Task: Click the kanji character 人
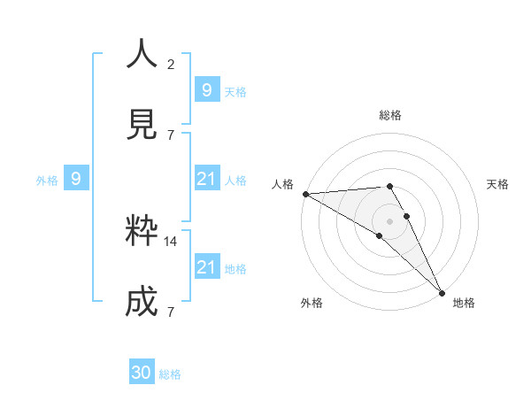(142, 55)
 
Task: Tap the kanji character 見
(142, 125)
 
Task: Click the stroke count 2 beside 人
(171, 65)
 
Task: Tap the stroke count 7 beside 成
(171, 312)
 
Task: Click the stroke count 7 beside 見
(171, 135)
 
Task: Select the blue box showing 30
(142, 373)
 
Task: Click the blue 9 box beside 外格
(76, 179)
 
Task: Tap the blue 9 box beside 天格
(206, 90)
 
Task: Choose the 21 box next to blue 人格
(206, 179)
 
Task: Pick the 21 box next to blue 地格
(206, 267)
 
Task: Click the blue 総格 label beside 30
(170, 374)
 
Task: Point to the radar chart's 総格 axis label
(390, 115)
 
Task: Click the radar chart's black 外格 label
(312, 303)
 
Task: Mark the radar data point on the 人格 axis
(305, 194)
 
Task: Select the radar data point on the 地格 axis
(442, 291)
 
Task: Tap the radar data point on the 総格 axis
(389, 186)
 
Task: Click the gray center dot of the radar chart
(389, 220)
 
